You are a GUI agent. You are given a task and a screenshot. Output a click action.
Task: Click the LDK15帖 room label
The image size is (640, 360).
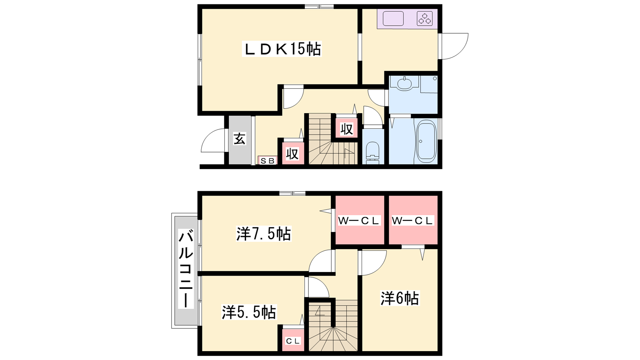282,49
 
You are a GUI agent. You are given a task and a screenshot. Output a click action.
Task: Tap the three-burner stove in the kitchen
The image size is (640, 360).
424,18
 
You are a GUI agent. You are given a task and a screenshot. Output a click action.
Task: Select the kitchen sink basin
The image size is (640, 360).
393,18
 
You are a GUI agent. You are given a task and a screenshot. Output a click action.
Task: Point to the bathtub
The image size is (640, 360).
426,141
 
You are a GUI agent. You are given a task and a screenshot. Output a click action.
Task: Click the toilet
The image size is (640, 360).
372,153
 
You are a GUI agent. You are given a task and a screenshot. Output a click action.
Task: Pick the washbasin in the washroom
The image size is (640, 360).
404,84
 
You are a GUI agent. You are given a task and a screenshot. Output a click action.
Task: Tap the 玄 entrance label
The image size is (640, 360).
240,139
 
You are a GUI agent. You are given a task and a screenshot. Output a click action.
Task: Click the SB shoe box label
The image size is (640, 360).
268,161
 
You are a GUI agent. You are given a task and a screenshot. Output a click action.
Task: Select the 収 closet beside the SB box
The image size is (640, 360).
293,153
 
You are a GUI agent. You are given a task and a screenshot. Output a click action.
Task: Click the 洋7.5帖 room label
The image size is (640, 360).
264,234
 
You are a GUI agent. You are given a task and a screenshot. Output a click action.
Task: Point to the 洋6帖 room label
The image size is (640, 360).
400,298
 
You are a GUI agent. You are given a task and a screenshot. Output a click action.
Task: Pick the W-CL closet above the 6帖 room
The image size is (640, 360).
413,220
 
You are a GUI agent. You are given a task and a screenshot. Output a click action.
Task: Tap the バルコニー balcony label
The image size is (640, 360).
186,269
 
